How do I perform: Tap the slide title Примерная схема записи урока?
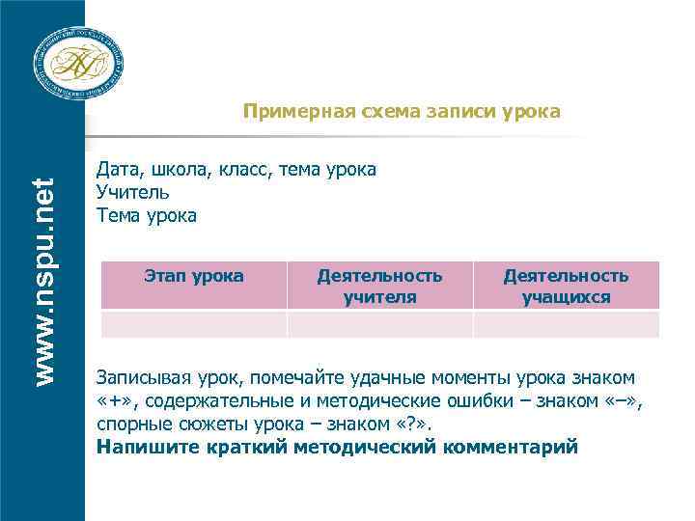[401, 112]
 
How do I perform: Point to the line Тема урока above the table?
[147, 216]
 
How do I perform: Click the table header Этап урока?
[193, 276]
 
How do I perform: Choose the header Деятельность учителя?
[379, 286]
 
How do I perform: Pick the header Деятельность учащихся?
[566, 286]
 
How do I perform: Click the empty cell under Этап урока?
[193, 324]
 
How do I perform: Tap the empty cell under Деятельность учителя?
[379, 324]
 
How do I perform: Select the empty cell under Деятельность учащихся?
[566, 324]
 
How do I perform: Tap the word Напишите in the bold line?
[145, 448]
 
